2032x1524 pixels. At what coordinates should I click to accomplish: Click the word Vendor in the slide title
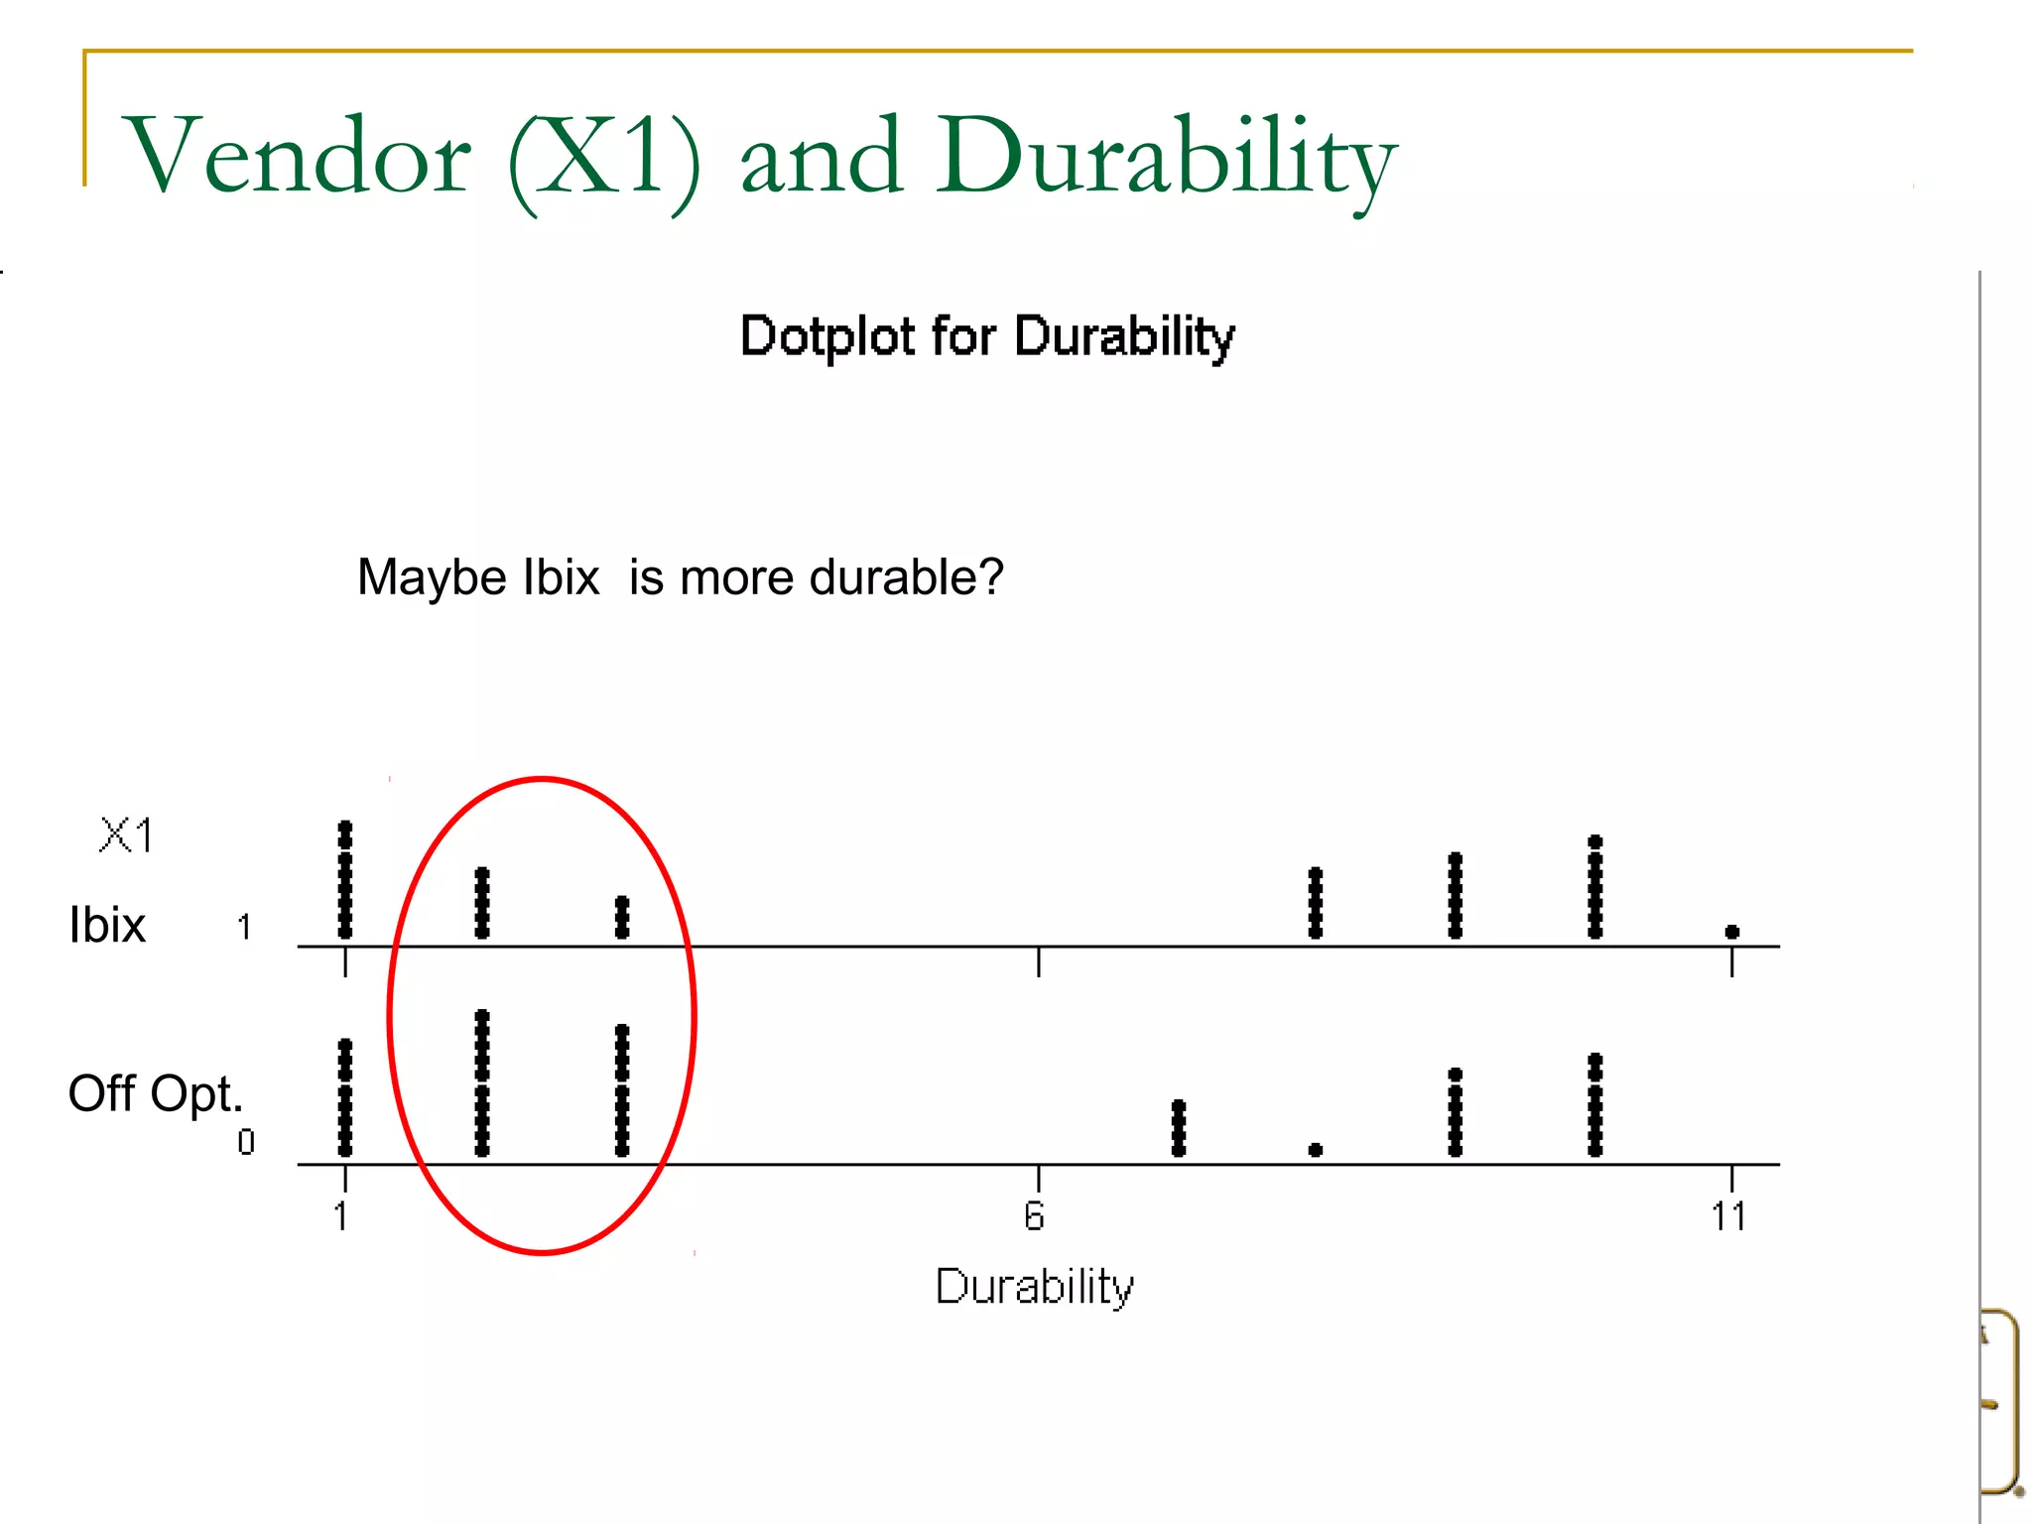[x=297, y=156]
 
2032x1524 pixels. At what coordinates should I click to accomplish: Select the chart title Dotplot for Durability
[x=987, y=336]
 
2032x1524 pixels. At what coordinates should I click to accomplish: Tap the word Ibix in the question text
[x=562, y=577]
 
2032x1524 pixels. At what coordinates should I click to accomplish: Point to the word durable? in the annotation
[x=907, y=577]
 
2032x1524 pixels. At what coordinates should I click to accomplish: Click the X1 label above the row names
[x=127, y=835]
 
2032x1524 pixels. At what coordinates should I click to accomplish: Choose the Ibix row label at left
[x=107, y=925]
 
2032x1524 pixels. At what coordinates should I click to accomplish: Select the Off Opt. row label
[x=155, y=1093]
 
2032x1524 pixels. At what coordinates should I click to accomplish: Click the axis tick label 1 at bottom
[x=341, y=1215]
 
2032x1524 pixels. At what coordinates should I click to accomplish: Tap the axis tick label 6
[x=1034, y=1215]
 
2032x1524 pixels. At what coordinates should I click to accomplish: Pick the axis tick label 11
[x=1728, y=1215]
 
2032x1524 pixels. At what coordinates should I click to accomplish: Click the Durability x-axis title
[x=1035, y=1287]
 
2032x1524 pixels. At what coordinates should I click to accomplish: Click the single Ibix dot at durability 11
[x=1732, y=932]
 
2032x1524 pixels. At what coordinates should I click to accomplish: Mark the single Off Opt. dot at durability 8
[x=1316, y=1150]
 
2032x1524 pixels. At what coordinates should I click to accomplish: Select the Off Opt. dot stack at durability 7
[x=1179, y=1128]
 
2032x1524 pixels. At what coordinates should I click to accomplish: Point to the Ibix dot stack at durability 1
[x=345, y=880]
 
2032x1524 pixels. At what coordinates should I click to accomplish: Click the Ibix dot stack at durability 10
[x=1595, y=888]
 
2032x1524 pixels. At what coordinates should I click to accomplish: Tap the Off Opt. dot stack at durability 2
[x=482, y=1083]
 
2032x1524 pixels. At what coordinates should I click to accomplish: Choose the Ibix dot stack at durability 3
[x=622, y=917]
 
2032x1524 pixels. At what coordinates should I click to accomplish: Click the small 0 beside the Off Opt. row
[x=246, y=1143]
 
